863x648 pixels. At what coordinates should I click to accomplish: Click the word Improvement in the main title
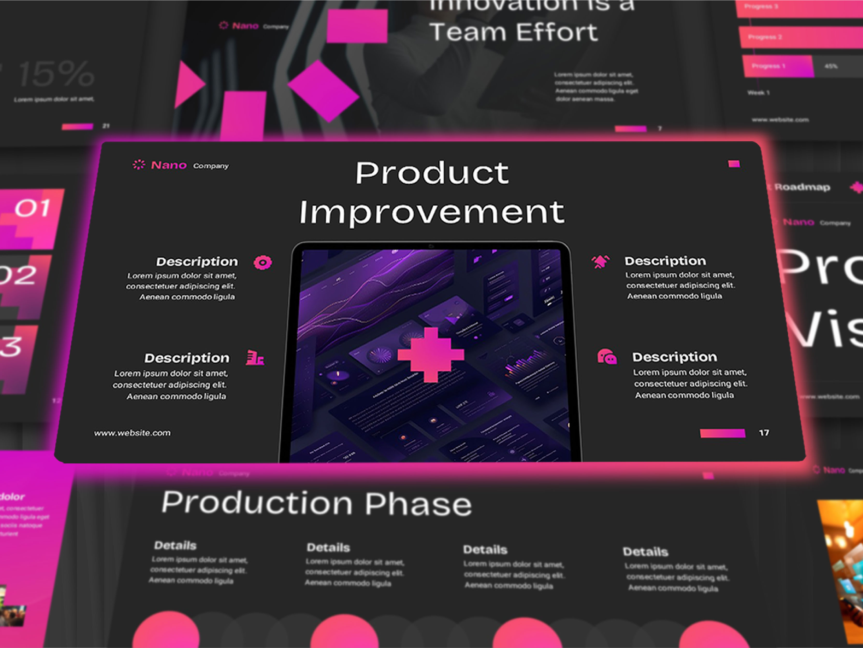(431, 212)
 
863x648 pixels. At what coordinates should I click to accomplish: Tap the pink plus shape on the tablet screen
(431, 354)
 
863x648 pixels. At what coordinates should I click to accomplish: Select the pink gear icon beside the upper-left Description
(263, 263)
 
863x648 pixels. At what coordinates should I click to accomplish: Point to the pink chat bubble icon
(607, 357)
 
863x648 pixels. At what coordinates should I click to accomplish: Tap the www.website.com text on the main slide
(132, 433)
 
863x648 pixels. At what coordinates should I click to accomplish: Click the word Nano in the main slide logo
(169, 165)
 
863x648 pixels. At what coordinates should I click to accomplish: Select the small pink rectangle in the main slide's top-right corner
(734, 164)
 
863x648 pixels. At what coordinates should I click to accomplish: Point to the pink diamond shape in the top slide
(323, 91)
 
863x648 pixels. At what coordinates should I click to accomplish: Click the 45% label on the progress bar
(831, 66)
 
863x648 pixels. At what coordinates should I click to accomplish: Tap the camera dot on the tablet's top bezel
(431, 246)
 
